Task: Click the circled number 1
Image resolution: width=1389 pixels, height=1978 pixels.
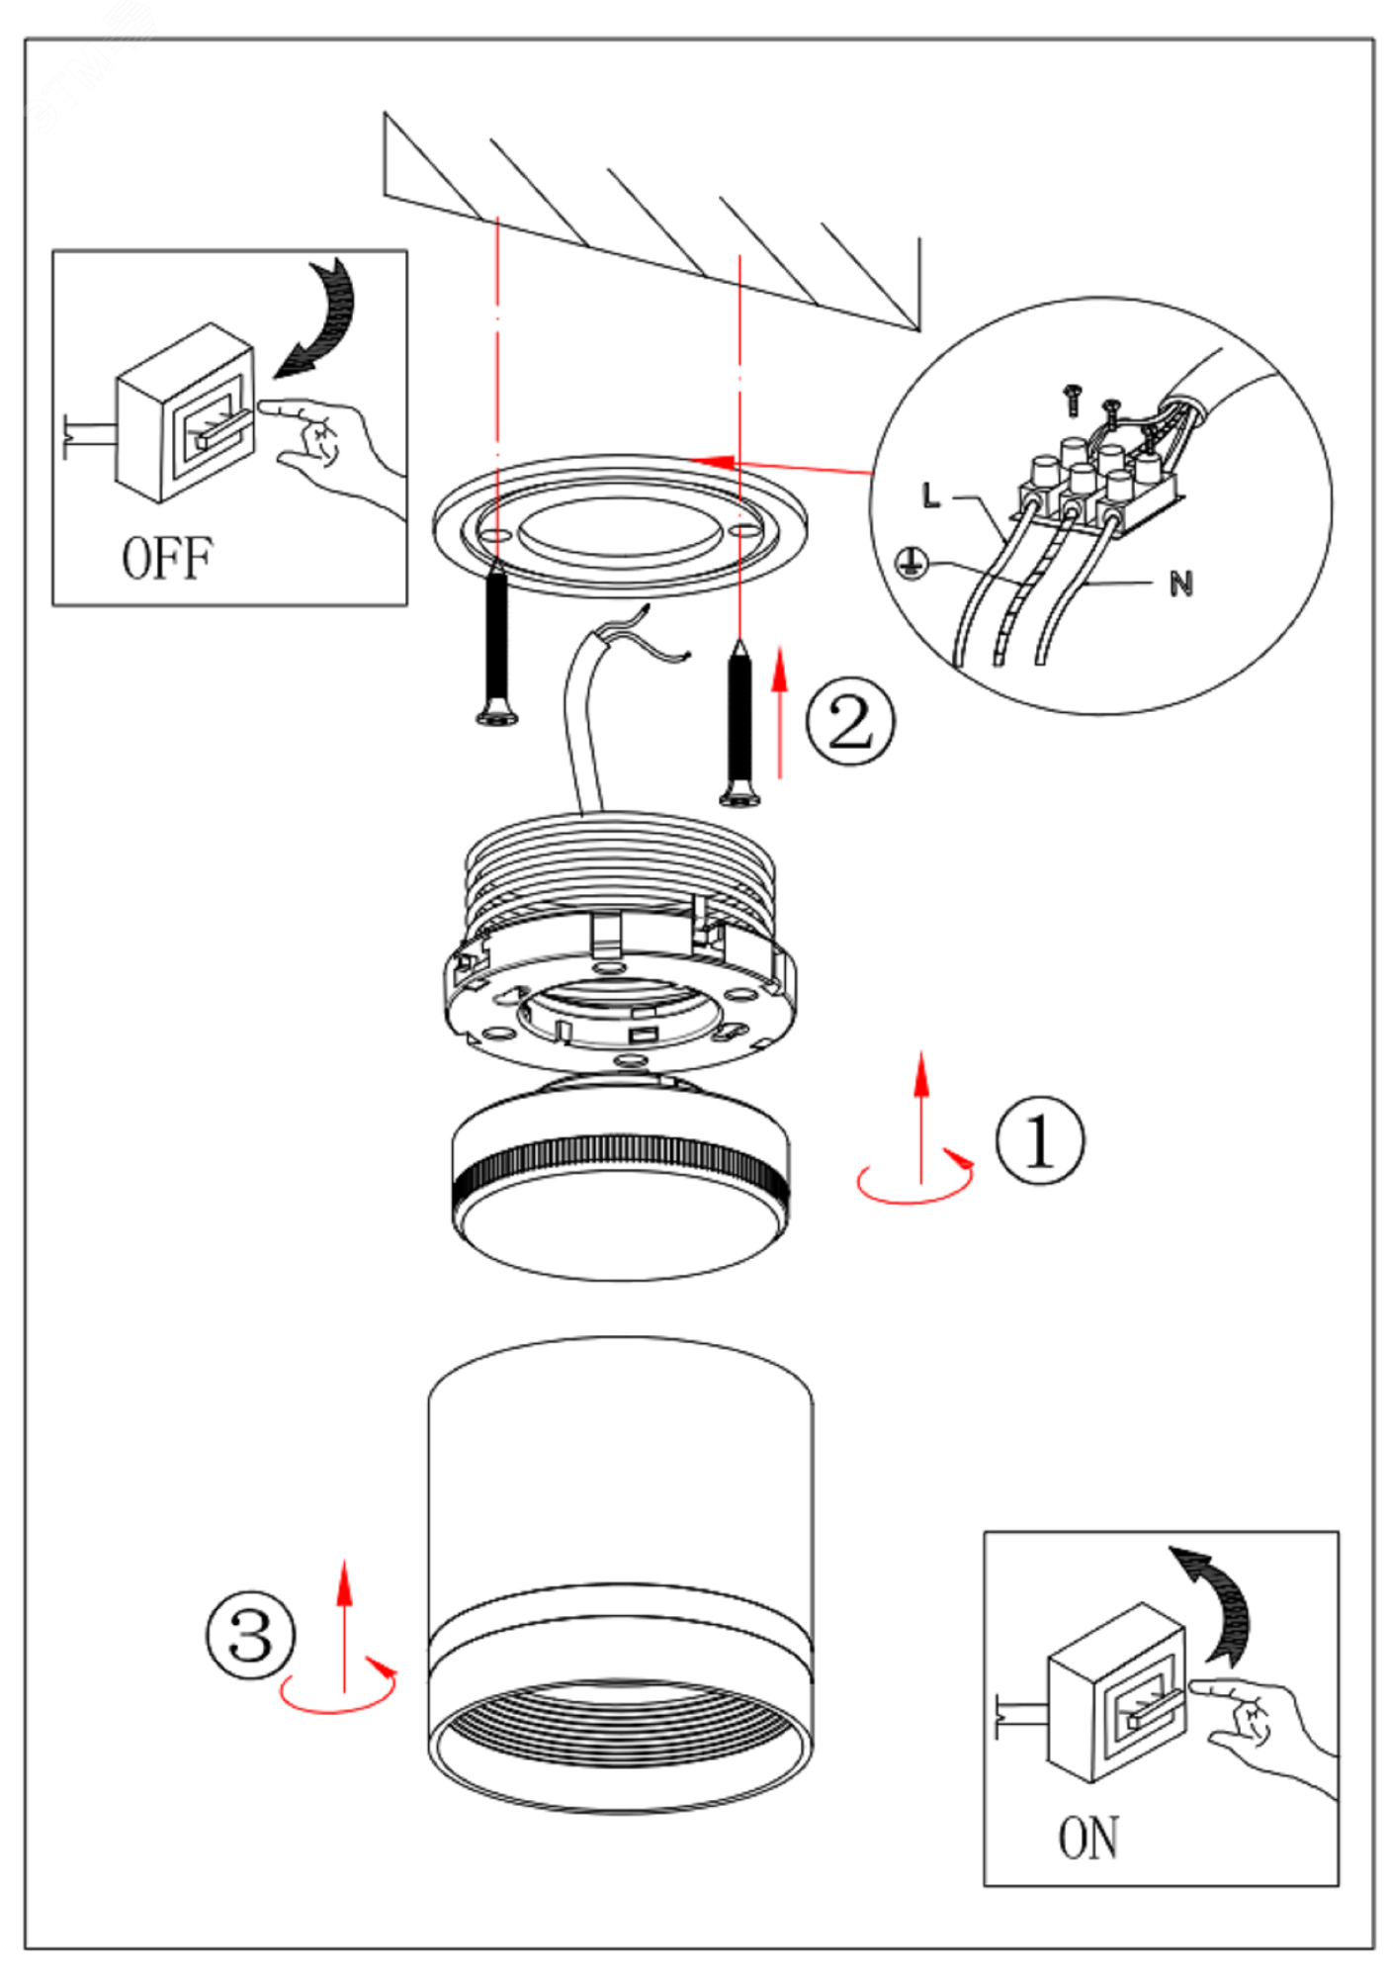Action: [1039, 1139]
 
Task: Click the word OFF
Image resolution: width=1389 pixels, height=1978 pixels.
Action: [166, 559]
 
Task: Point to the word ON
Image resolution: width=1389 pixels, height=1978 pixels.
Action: [1088, 1838]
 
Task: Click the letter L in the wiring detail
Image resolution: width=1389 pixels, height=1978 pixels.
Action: [930, 495]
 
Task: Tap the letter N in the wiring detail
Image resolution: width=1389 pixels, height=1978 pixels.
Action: [1180, 584]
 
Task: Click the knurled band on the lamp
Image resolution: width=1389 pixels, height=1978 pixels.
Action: [620, 1167]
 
